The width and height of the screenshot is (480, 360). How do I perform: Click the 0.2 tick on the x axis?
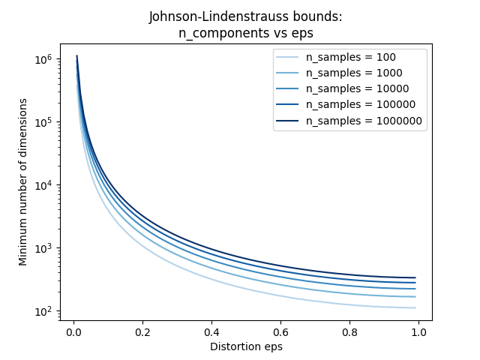[x=142, y=331]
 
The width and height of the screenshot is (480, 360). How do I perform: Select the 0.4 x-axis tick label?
[x=211, y=331]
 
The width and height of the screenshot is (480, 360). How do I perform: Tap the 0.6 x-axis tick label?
[x=280, y=331]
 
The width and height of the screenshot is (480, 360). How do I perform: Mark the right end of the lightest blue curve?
[x=415, y=307]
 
